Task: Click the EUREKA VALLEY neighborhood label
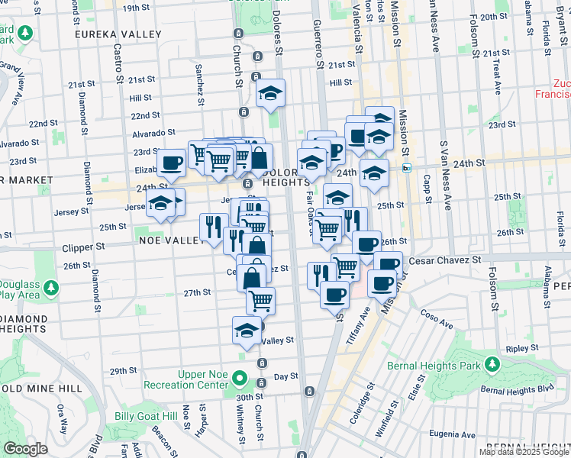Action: pyautogui.click(x=118, y=34)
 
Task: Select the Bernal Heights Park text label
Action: pyautogui.click(x=434, y=366)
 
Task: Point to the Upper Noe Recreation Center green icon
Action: pyautogui.click(x=240, y=378)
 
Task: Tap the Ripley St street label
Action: pyautogui.click(x=523, y=349)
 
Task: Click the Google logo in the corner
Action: pyautogui.click(x=25, y=449)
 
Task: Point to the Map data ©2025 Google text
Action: pyautogui.click(x=524, y=452)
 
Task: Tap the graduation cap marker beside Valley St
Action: pyautogui.click(x=247, y=331)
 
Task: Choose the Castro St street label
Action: pyautogui.click(x=119, y=62)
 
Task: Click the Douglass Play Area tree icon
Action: pyautogui.click(x=50, y=288)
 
